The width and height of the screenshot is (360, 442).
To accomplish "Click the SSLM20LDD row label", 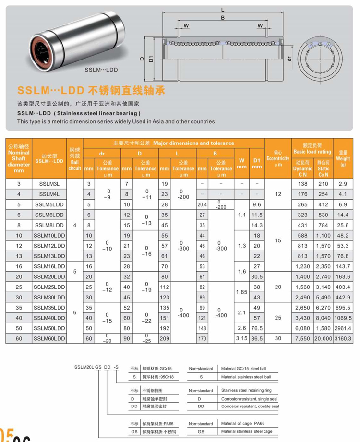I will tap(49, 276).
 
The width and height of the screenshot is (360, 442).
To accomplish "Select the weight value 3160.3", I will tap(343, 338).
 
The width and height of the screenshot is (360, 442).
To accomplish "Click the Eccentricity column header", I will tap(278, 158).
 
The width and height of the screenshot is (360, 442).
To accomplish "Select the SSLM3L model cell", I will tap(49, 184).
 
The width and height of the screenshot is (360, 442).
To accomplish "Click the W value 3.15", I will tap(241, 338).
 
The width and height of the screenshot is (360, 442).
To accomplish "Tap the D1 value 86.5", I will tap(257, 338).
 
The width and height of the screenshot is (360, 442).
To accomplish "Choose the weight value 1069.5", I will tap(343, 318).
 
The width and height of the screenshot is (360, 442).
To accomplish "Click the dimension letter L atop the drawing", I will tap(222, 9).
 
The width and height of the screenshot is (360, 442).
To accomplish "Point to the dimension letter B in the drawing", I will tap(222, 18).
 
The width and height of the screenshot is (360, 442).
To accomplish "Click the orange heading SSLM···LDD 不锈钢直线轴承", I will tap(86, 90).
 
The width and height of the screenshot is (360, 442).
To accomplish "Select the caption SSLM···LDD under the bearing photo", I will tap(101, 69).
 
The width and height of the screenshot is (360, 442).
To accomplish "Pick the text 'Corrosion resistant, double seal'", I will tap(250, 406).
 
